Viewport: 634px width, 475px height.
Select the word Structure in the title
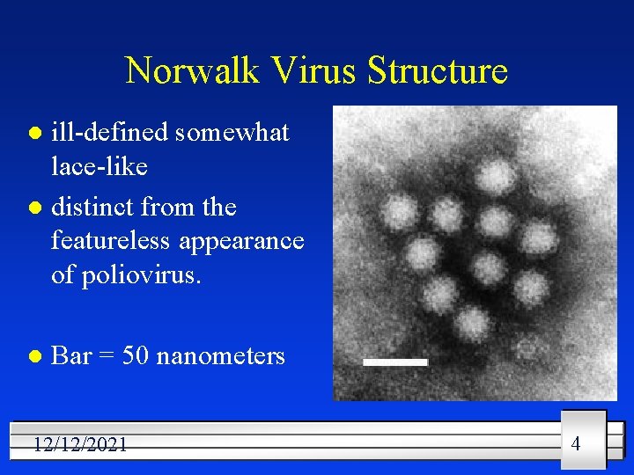(x=439, y=70)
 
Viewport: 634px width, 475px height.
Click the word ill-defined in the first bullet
(x=110, y=132)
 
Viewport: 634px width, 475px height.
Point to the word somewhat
(x=232, y=132)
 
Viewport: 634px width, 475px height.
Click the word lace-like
(x=100, y=165)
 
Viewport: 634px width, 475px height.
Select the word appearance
(x=251, y=240)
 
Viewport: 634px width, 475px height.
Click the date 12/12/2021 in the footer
(x=80, y=445)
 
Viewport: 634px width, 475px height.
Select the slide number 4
(x=576, y=443)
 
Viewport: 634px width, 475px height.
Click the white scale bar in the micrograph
(x=396, y=362)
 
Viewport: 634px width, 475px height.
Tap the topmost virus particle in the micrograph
(x=496, y=176)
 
